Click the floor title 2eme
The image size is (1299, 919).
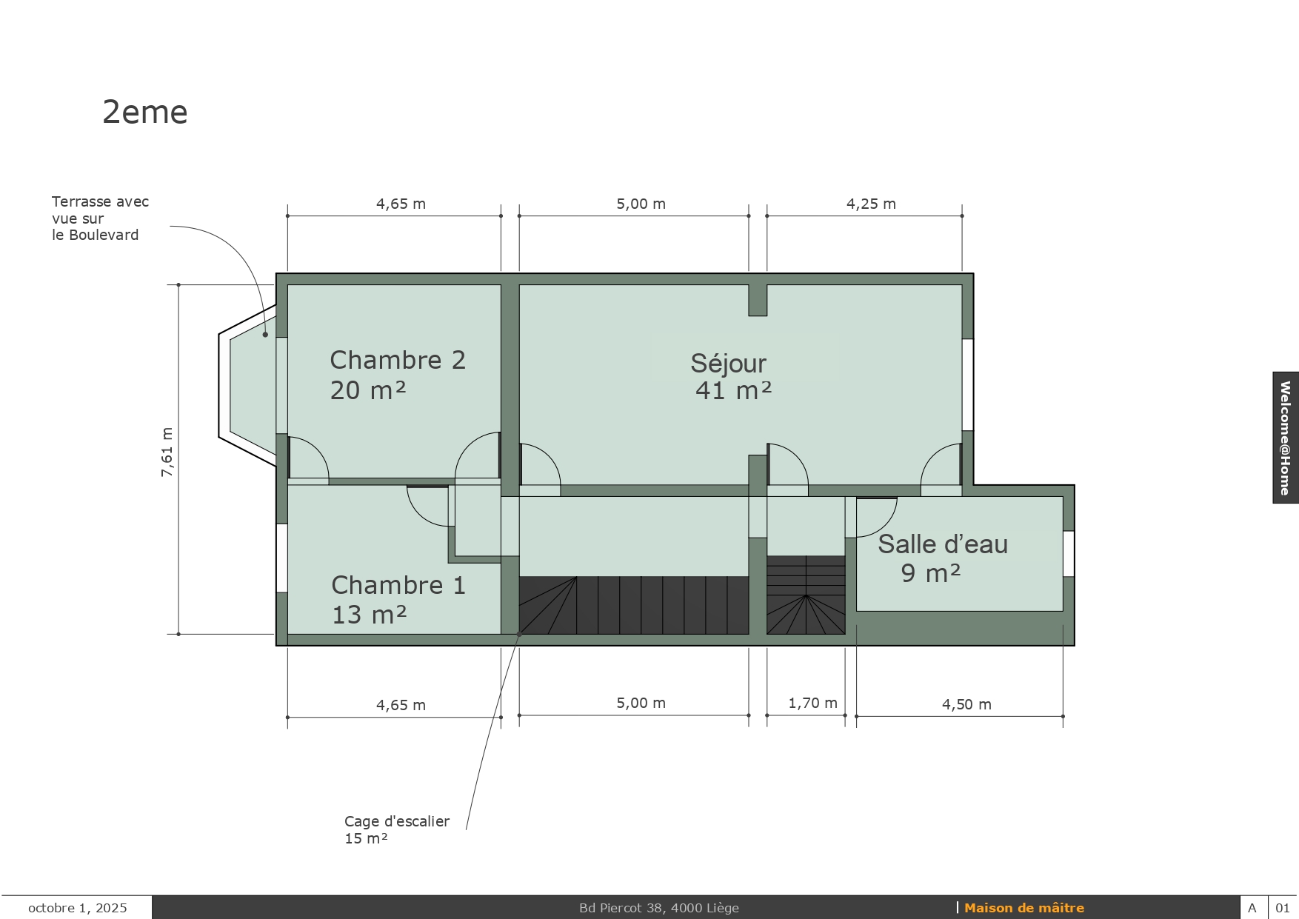pos(145,113)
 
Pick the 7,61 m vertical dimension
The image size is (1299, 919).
pos(167,452)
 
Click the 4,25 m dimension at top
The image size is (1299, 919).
pos(871,204)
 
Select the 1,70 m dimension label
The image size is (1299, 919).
pos(812,703)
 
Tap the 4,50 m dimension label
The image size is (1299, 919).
pos(966,704)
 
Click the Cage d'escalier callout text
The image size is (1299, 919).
pos(397,829)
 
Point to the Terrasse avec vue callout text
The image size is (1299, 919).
pos(100,218)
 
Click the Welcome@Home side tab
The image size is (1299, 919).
pos(1286,438)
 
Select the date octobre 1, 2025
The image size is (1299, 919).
pos(78,908)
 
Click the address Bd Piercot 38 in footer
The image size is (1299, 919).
pos(659,908)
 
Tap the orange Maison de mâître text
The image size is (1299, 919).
pos(1024,908)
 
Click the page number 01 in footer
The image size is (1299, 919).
pos(1283,908)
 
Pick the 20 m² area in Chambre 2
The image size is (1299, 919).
pos(368,390)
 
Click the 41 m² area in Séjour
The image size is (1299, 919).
pos(733,390)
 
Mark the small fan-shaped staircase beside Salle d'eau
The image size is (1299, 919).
pos(806,595)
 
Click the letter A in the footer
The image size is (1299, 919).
pos(1252,908)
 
